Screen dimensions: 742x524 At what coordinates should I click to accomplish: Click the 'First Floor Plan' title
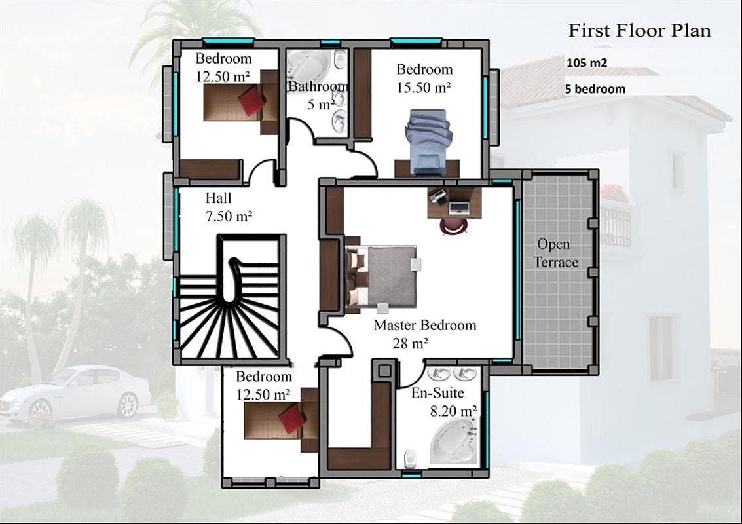tap(639, 30)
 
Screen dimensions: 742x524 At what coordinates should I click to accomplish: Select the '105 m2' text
tap(586, 62)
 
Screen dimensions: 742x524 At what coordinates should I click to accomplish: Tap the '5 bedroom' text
tap(595, 89)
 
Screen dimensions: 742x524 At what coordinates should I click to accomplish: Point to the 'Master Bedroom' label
tap(425, 325)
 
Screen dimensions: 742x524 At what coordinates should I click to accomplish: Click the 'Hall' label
tap(219, 198)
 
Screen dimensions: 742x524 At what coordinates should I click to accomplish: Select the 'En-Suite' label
tap(437, 392)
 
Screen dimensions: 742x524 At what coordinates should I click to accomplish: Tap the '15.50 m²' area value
tap(424, 88)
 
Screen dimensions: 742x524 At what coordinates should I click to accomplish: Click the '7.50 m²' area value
tap(229, 216)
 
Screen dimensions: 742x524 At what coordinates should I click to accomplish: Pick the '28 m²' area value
tap(410, 343)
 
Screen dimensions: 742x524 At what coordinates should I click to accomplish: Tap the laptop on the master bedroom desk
tap(458, 206)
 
